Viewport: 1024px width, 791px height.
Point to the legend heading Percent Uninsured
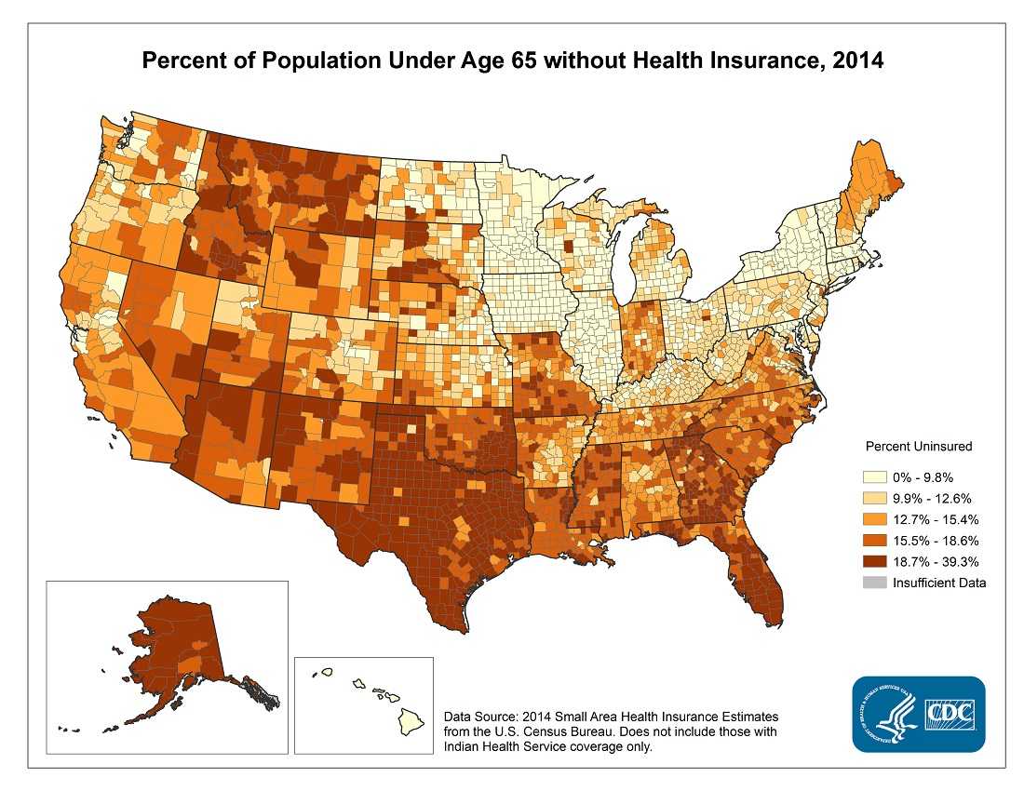point(919,446)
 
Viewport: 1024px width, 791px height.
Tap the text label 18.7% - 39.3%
point(932,561)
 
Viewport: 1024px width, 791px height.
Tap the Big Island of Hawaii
point(411,719)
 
